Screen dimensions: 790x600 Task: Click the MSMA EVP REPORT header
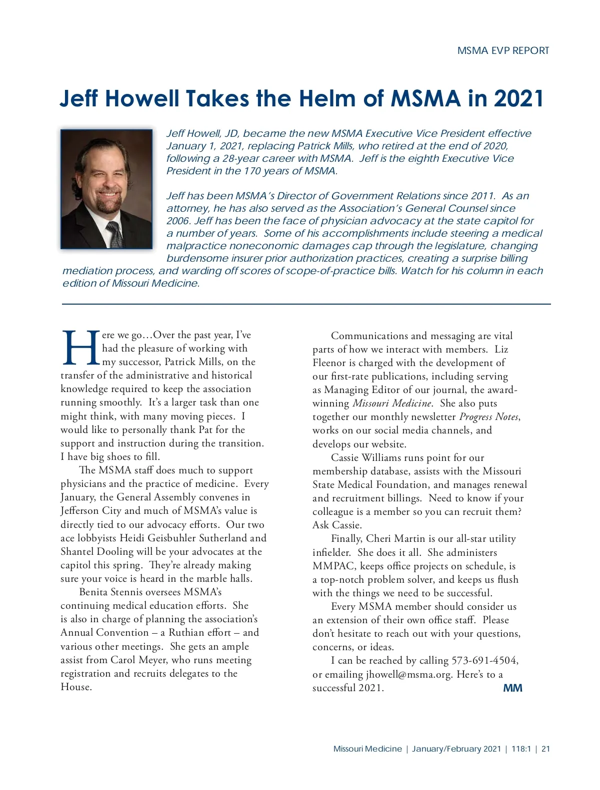(503, 50)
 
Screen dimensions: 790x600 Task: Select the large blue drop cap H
(80, 348)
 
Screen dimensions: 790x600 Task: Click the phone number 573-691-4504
(484, 660)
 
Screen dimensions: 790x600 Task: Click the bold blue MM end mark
(512, 688)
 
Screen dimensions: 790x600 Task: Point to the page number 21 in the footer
(545, 749)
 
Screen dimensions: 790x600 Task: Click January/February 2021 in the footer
(456, 749)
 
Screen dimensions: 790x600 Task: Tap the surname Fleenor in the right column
(330, 363)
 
